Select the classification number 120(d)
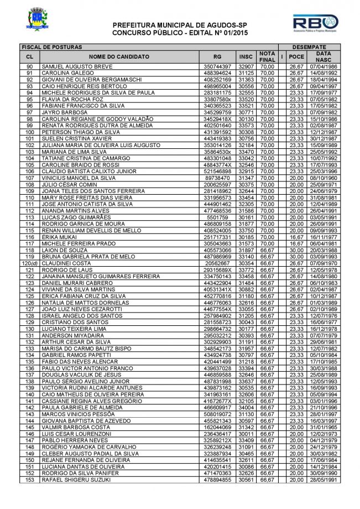click(29, 264)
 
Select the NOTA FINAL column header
click(268, 56)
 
